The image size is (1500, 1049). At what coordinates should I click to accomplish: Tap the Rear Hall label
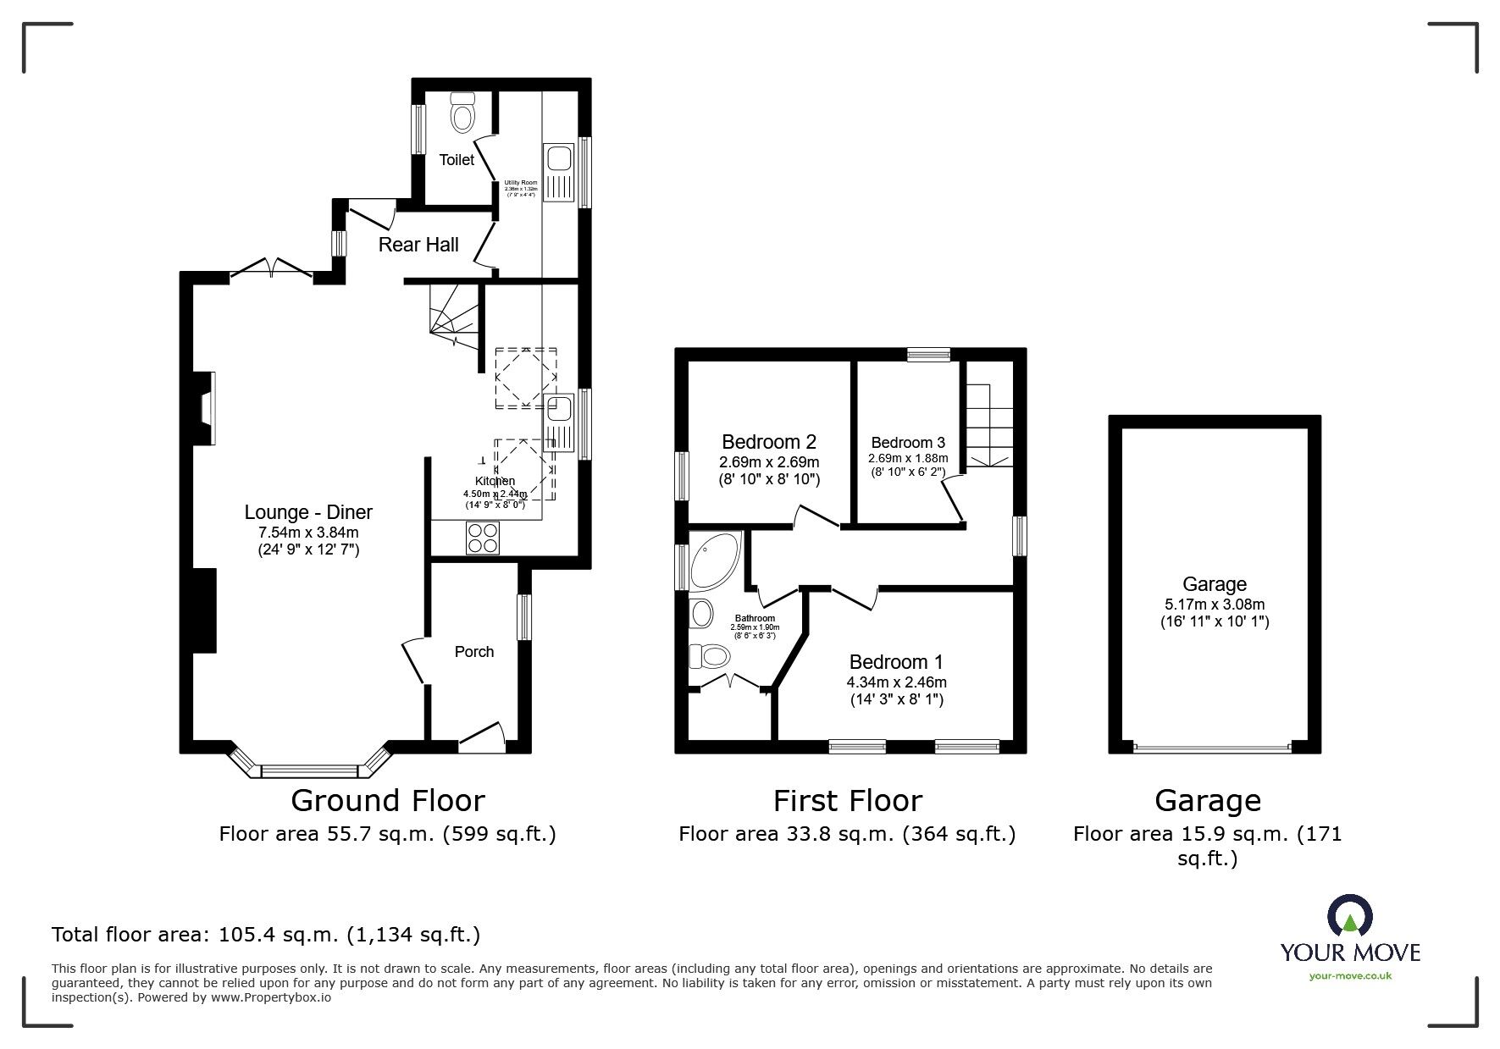click(x=418, y=245)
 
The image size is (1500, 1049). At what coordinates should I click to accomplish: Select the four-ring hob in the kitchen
click(x=483, y=538)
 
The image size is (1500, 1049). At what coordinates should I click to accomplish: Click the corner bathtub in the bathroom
click(x=714, y=560)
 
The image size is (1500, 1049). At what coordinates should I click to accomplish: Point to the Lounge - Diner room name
click(x=308, y=512)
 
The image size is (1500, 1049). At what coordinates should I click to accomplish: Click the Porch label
click(x=474, y=651)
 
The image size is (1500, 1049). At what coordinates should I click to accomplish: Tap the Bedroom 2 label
click(x=769, y=442)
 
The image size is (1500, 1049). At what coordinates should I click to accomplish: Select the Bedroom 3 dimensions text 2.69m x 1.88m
click(x=908, y=458)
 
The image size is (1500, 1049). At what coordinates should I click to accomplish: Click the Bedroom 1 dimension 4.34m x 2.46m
click(x=896, y=682)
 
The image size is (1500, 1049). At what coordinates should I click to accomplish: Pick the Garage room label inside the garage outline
click(x=1215, y=584)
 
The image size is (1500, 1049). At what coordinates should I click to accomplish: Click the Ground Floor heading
click(x=388, y=800)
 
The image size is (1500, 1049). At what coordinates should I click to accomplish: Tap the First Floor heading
click(x=847, y=800)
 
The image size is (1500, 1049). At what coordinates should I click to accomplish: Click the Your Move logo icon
click(x=1349, y=918)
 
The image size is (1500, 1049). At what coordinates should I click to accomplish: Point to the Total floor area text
click(x=266, y=935)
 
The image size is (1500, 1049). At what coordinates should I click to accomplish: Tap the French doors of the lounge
click(x=272, y=268)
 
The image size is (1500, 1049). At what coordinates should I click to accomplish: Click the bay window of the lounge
click(x=310, y=767)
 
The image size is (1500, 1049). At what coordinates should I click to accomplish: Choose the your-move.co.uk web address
click(x=1350, y=976)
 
